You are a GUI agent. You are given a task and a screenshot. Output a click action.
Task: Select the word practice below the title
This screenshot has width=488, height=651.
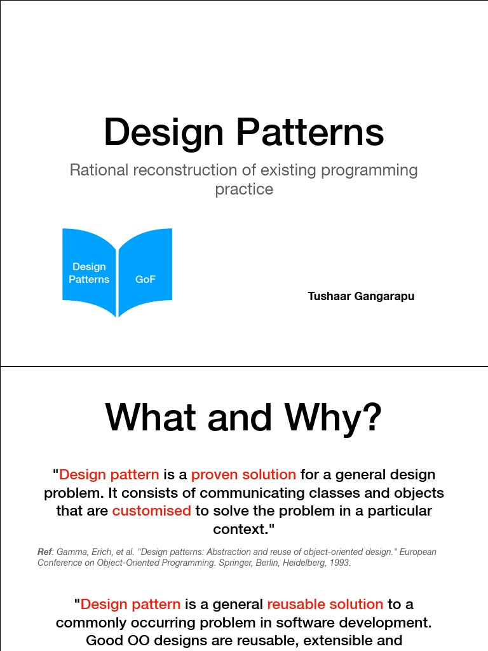[x=244, y=189]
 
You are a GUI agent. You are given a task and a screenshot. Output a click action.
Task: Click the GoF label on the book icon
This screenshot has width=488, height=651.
[x=146, y=280]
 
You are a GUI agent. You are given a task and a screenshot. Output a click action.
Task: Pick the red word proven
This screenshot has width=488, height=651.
[x=216, y=474]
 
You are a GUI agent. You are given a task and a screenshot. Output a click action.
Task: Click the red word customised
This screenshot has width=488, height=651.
[x=151, y=511]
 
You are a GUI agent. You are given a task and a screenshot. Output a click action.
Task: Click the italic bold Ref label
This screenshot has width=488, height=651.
[x=44, y=552]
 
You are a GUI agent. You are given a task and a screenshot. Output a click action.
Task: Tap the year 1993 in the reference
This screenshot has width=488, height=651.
[x=339, y=563]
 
